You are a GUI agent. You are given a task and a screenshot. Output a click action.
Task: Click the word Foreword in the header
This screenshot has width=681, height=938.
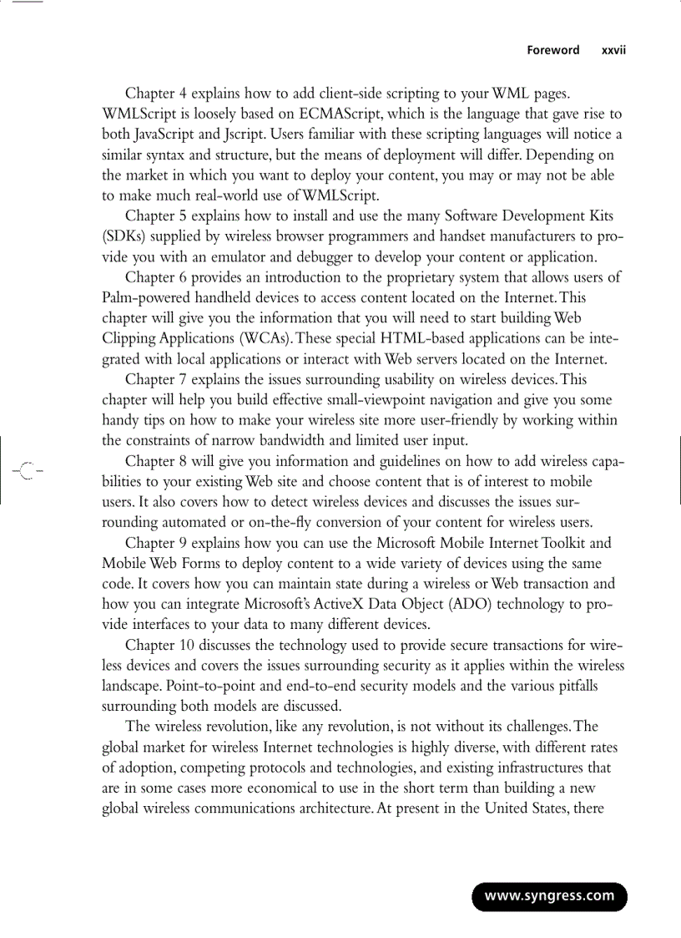[552, 50]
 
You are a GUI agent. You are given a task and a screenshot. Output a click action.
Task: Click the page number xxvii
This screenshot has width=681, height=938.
[613, 50]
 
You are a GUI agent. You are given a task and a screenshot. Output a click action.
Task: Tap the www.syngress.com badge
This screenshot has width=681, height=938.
[549, 896]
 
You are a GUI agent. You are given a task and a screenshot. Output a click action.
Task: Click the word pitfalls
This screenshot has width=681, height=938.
[573, 686]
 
